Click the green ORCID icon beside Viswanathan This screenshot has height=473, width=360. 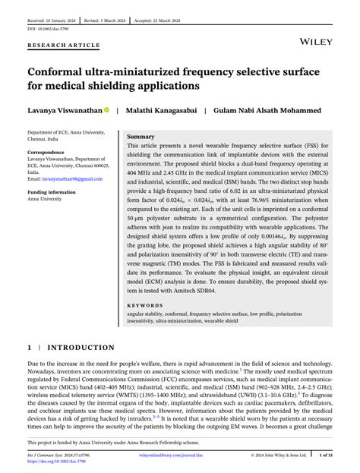click(x=107, y=110)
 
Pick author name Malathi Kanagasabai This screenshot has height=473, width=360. click(x=162, y=110)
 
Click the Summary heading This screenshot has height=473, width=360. click(x=141, y=136)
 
